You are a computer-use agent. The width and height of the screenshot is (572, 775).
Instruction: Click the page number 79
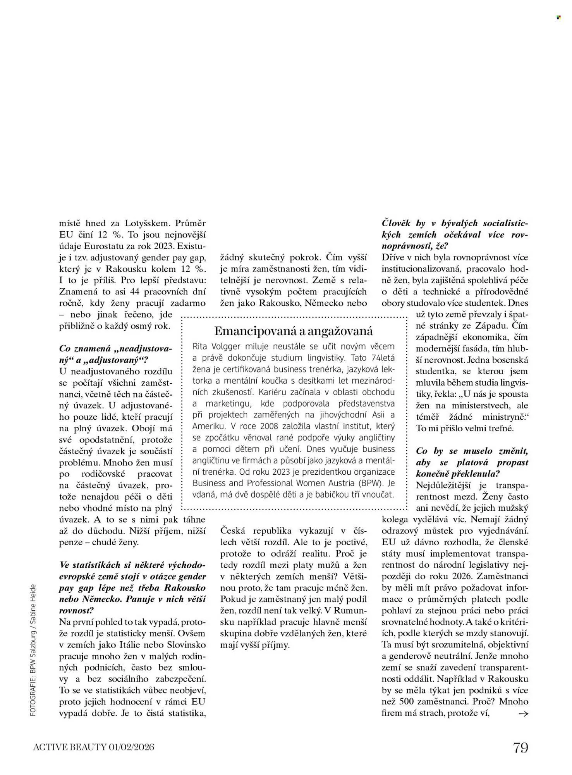click(x=520, y=747)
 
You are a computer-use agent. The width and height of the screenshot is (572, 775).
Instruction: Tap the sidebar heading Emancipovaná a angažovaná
click(x=294, y=331)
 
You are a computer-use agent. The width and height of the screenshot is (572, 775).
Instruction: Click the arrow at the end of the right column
click(x=523, y=713)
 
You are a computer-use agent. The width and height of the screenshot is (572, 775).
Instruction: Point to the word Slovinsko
click(x=186, y=645)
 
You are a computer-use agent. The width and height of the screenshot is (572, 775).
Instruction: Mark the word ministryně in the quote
click(x=503, y=417)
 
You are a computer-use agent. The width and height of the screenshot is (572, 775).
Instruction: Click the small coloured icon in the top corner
click(x=558, y=17)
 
